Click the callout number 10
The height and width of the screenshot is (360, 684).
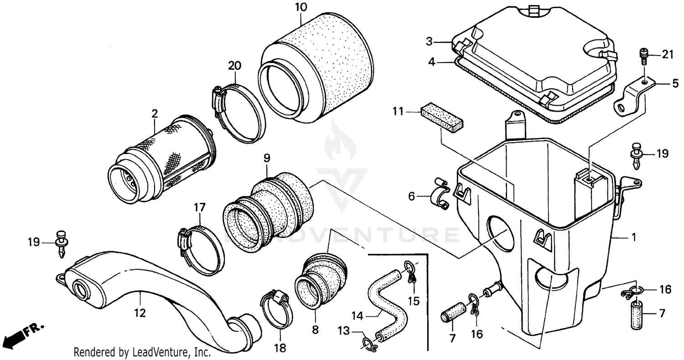point(301,7)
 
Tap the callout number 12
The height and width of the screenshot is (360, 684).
point(140,313)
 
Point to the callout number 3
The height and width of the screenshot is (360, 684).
point(429,42)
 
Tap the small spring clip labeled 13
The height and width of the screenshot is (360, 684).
point(369,343)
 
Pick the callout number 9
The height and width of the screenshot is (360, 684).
point(267,158)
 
